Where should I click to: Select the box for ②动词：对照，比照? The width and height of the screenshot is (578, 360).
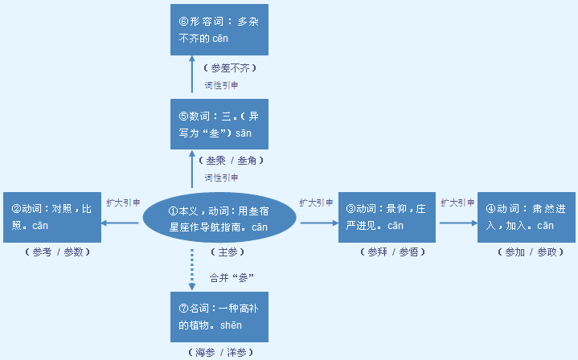click(52, 218)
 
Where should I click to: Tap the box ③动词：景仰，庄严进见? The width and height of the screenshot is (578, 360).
click(387, 218)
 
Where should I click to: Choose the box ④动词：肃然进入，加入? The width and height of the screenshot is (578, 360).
click(527, 218)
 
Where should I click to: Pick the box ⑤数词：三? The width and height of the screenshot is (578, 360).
click(219, 124)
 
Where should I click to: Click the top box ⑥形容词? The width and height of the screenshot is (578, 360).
click(219, 29)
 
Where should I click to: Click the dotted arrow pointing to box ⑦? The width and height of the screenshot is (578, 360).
click(192, 270)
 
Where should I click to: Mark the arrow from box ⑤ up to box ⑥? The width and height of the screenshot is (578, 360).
click(192, 77)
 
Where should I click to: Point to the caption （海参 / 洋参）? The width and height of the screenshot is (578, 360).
click(219, 352)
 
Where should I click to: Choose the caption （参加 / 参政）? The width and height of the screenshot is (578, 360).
click(527, 252)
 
